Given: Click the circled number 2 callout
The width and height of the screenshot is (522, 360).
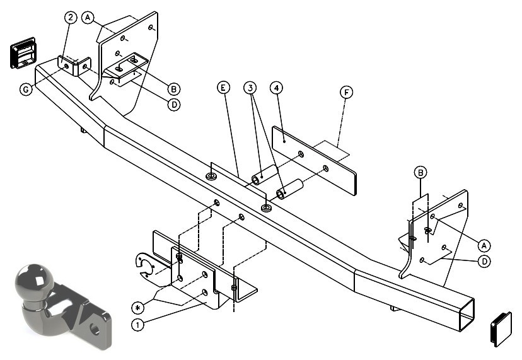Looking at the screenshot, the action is click(71, 18).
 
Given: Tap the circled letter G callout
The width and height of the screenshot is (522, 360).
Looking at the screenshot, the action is click(26, 90).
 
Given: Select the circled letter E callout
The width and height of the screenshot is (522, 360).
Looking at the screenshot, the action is click(223, 88).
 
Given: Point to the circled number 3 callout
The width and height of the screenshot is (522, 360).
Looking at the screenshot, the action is click(250, 88).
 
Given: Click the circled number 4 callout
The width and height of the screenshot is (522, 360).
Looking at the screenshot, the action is click(276, 88).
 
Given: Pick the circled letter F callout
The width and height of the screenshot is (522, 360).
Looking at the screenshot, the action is click(346, 92).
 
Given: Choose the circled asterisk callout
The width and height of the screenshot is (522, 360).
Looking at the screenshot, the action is click(138, 308).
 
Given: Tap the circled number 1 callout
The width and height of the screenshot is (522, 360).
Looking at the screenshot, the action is click(138, 324).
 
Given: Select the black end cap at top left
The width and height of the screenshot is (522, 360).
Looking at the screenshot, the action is click(23, 53).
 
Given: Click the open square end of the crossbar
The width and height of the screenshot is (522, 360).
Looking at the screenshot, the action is click(467, 315).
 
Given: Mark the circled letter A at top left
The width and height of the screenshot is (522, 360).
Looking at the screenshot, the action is click(88, 17).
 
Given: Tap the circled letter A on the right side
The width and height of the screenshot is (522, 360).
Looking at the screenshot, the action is click(484, 245).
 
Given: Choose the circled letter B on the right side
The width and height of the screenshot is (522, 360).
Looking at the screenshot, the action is click(420, 173).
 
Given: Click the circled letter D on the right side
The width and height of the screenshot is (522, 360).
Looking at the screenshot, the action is click(484, 262).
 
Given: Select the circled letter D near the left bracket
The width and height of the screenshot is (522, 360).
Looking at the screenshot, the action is click(174, 105).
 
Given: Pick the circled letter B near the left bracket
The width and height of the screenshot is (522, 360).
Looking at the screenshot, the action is click(174, 89).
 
